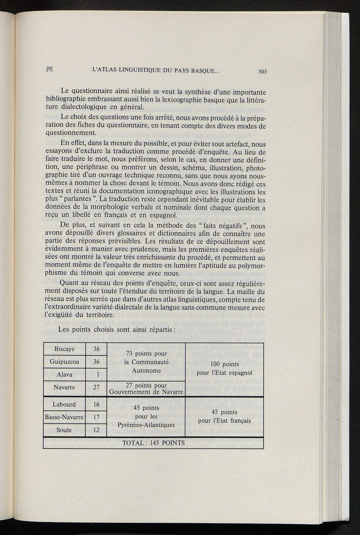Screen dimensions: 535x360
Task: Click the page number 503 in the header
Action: [263, 71]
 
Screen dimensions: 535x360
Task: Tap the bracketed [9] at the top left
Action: [50, 69]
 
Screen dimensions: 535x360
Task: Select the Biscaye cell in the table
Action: [64, 349]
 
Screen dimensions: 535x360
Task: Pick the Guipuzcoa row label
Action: [64, 362]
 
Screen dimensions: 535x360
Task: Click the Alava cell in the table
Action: [64, 374]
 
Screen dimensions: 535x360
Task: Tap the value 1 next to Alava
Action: [96, 375]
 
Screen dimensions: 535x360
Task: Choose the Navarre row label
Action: [64, 387]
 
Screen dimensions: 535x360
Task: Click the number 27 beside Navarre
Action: [96, 387]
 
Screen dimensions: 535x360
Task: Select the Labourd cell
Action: [64, 404]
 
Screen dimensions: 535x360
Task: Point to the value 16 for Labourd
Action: [96, 404]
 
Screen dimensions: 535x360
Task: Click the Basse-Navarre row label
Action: [64, 417]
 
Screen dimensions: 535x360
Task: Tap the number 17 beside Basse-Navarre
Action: [96, 417]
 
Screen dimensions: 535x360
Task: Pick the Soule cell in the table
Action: [64, 430]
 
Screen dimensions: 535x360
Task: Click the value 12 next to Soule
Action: [96, 430]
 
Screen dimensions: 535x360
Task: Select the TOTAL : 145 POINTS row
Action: [154, 443]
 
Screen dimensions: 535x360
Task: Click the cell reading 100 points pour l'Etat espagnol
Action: [225, 368]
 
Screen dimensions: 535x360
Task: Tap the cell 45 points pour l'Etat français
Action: [225, 416]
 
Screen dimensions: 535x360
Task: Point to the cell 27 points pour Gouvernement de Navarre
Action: [146, 388]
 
